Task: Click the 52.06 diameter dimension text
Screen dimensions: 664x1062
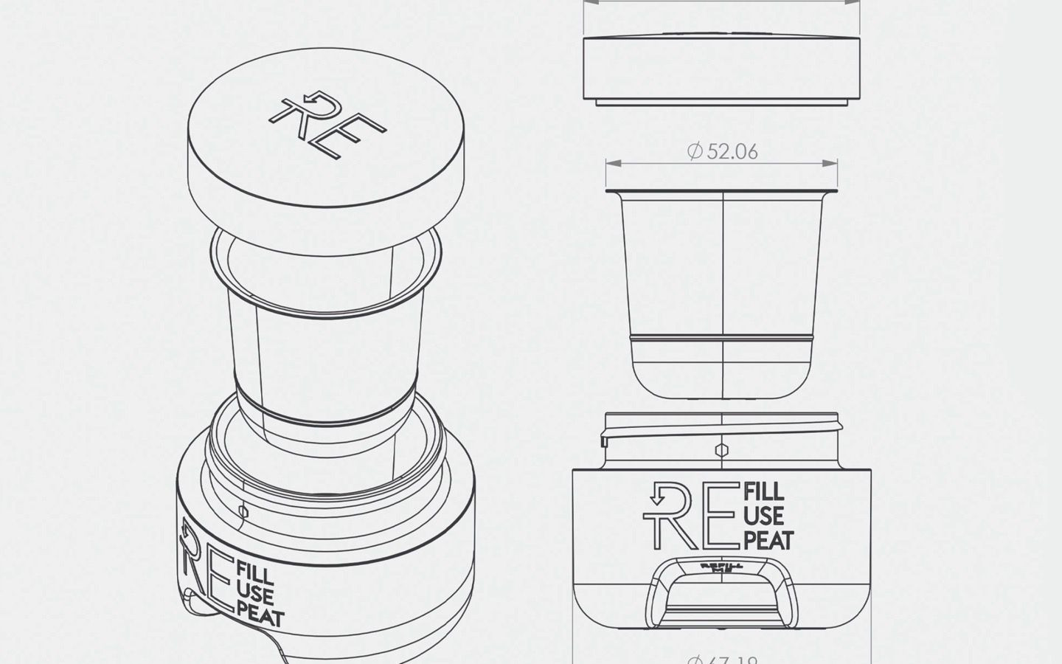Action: [x=722, y=152]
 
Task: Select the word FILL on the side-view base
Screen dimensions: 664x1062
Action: [x=764, y=491]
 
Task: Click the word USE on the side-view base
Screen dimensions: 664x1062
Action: [x=764, y=516]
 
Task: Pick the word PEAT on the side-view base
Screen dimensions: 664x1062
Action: [x=768, y=540]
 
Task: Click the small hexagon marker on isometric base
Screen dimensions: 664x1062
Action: [x=244, y=511]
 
